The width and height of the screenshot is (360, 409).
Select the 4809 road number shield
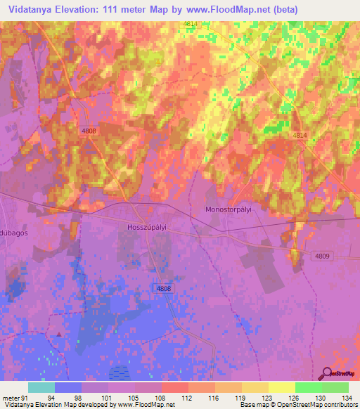pos(323,257)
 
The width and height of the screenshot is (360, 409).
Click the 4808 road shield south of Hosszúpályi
pos(163,289)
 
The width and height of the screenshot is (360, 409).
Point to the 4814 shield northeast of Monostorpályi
pos(300,135)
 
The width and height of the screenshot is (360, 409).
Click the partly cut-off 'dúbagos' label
pos(14,233)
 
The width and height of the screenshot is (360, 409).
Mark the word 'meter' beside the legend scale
pos(9,397)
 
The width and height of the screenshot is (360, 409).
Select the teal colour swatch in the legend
pos(41,387)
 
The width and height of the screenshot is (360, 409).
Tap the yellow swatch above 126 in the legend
pos(281,387)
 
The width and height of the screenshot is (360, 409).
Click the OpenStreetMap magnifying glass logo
pos(327,373)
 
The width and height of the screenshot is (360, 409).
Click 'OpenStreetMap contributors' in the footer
pos(322,405)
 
